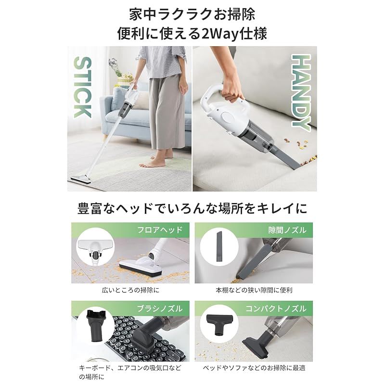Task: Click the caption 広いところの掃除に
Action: click(x=130, y=290)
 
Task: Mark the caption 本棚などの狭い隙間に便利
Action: click(x=254, y=290)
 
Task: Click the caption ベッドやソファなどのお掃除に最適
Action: click(x=254, y=368)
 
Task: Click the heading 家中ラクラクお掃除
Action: click(x=192, y=13)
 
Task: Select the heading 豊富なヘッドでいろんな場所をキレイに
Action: click(x=192, y=208)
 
